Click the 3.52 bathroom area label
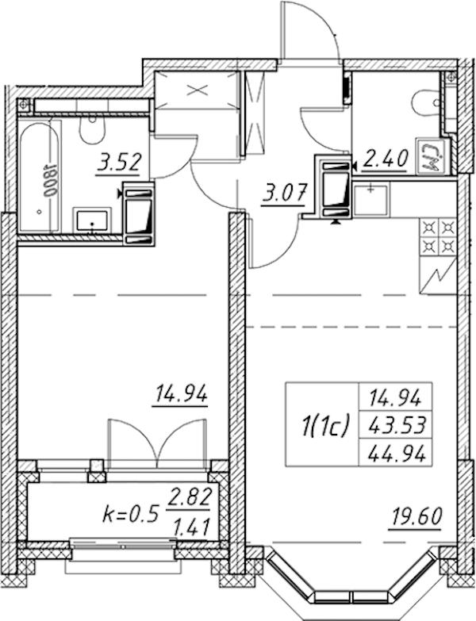pos(119,163)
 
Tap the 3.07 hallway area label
pos(283,195)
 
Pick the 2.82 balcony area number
pos(189,497)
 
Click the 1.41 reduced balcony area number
pos(191,527)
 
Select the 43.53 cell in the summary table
pos(395,426)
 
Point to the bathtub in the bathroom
pos(39,177)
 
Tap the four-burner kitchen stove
pos(438,237)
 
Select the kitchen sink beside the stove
pos(371,199)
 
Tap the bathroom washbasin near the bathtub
pos(92,220)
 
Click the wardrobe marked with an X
pos(197,90)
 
